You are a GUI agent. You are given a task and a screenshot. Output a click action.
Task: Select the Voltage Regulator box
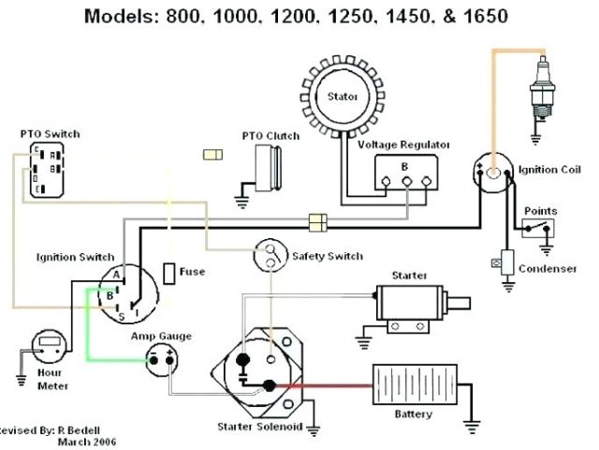404,173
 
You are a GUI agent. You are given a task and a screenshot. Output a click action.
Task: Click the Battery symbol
413,385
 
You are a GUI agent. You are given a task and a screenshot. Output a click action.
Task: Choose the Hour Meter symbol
48,344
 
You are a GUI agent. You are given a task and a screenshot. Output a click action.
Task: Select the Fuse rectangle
169,273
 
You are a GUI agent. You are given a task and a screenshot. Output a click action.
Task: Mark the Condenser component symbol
507,262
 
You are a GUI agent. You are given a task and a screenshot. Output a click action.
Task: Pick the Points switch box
540,229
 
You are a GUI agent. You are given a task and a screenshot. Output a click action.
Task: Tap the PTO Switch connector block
43,169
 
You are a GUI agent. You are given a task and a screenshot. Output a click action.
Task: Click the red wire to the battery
328,383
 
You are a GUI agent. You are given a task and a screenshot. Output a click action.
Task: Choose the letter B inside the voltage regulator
404,167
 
